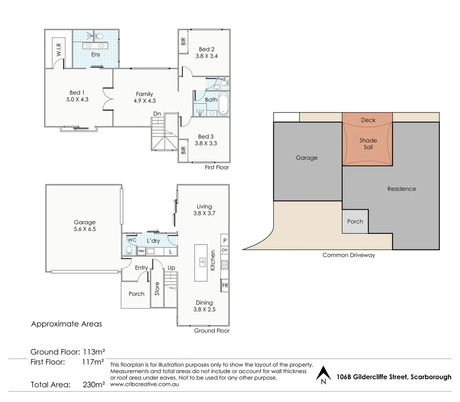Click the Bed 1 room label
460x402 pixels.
[77, 93]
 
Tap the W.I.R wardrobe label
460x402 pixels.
[59, 50]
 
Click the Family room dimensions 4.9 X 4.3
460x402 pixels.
[145, 100]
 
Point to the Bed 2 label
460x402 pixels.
[207, 49]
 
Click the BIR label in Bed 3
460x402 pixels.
[183, 150]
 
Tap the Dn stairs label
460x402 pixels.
[157, 114]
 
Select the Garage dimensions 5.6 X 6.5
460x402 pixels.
[85, 229]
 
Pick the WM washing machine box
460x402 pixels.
[141, 251]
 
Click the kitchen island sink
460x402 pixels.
[202, 262]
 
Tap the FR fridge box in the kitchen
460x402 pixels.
[225, 285]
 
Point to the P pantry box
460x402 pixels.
[225, 240]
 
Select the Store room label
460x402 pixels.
[157, 289]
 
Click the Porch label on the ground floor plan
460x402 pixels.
[136, 294]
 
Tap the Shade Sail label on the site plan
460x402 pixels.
[368, 144]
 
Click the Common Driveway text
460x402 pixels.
[349, 255]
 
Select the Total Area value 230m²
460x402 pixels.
[94, 385]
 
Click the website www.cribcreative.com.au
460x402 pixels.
[145, 384]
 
